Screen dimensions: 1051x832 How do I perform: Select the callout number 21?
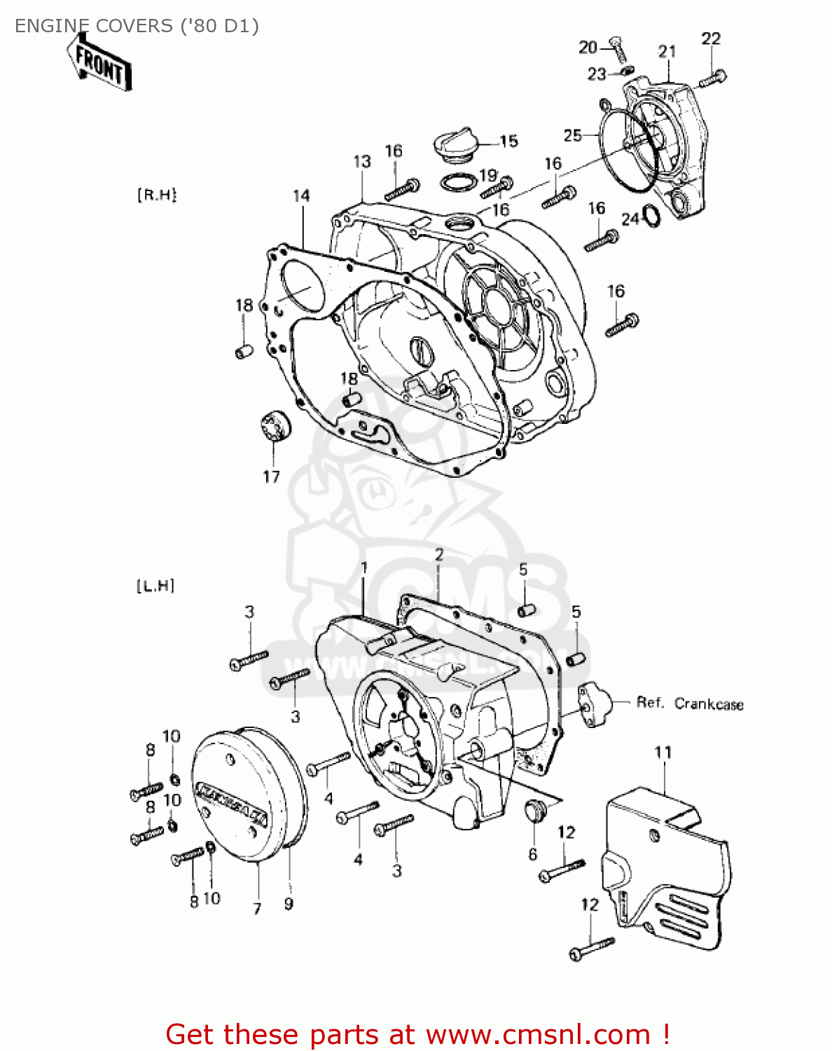667,51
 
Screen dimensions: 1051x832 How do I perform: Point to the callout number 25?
573,135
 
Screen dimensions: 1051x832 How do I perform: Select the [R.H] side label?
156,195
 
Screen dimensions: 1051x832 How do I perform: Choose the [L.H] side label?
155,586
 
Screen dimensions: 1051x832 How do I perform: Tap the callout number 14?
301,195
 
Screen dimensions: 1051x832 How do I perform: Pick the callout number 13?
361,162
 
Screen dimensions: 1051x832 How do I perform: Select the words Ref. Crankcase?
689,703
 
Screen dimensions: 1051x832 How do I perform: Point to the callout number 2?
439,555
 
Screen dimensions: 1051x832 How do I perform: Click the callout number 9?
289,904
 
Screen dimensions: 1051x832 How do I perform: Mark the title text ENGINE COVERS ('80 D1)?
137,26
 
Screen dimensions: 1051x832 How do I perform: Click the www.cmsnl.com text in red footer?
538,1034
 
